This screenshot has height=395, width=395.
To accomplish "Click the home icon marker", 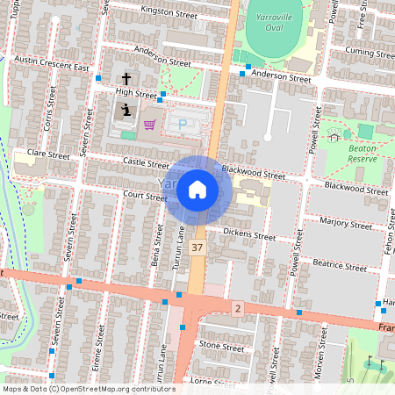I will tap(197, 190).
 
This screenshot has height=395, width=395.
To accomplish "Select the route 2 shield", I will tap(237, 308).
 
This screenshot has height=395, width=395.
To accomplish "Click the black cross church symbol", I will tap(126, 90).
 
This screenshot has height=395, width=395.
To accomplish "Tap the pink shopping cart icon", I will tap(149, 124).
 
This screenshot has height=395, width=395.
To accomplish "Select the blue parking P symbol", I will tap(183, 124).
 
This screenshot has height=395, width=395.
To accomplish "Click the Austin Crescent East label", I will tap(53, 63).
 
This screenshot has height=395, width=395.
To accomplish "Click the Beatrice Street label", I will tap(340, 265).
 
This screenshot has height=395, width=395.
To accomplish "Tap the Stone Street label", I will tap(221, 347).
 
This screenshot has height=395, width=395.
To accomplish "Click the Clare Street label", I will tap(48, 154).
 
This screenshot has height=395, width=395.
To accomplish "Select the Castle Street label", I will tap(146, 163).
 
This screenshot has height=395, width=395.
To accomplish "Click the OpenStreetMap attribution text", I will tap(89, 388).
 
